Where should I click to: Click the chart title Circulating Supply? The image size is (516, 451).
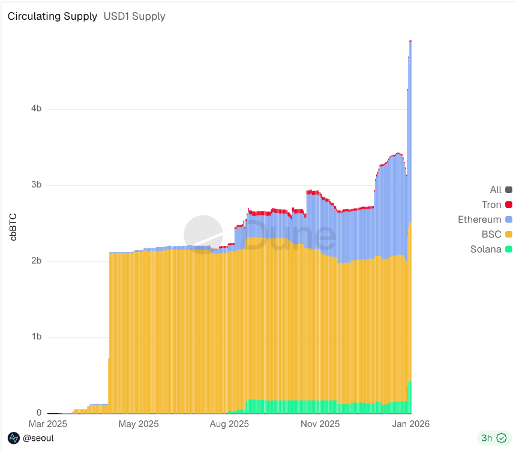click(52, 16)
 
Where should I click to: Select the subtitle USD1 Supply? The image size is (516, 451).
click(134, 16)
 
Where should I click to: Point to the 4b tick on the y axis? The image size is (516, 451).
click(36, 109)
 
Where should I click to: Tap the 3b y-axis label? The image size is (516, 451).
click(36, 185)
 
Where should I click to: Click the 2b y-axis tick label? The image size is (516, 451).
click(36, 261)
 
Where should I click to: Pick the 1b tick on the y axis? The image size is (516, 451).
click(36, 337)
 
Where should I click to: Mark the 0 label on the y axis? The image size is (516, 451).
click(38, 413)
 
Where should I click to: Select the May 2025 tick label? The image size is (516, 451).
click(138, 424)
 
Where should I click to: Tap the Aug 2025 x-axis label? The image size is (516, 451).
click(229, 424)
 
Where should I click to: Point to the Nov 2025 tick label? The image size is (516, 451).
click(319, 424)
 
